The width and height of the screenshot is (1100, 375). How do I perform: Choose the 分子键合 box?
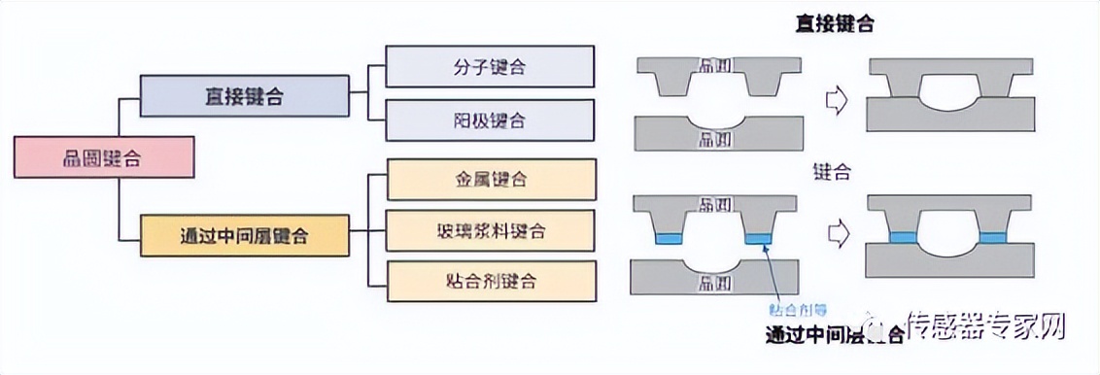tap(490, 68)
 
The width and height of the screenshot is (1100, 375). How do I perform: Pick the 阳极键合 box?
tap(490, 121)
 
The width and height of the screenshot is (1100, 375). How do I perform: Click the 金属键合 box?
tap(490, 180)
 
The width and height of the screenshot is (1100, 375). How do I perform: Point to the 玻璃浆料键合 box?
tap(490, 231)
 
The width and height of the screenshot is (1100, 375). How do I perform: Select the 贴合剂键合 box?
tap(490, 283)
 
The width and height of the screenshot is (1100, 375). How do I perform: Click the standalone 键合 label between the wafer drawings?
tap(833, 173)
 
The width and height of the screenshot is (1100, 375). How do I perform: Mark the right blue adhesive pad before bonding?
tap(757, 239)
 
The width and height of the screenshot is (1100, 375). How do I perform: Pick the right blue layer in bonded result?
tap(994, 237)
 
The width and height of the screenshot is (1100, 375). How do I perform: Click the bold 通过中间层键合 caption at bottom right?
tap(834, 336)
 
